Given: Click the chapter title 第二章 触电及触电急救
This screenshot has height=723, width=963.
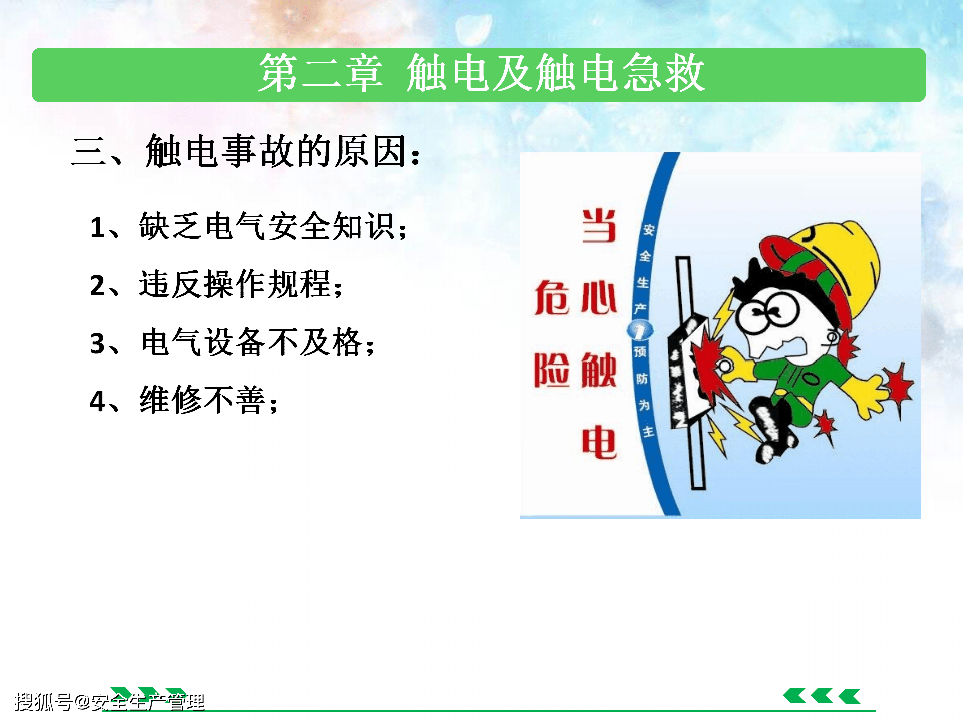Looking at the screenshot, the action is [x=481, y=73].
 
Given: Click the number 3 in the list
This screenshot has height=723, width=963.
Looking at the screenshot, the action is [x=97, y=344].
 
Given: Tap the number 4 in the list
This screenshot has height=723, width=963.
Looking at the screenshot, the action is [x=97, y=402].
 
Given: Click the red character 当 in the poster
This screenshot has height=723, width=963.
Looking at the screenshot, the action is [x=599, y=225].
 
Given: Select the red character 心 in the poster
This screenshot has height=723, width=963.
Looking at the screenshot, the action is [x=599, y=298].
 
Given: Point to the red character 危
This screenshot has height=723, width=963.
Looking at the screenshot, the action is [x=552, y=298].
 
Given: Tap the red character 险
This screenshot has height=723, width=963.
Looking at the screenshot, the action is [x=552, y=370].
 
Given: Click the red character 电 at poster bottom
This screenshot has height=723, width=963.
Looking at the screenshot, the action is [x=599, y=442].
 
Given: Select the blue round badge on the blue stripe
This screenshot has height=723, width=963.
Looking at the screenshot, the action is [x=640, y=330].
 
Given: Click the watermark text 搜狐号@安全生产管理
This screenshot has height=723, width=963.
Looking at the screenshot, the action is [x=109, y=701].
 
